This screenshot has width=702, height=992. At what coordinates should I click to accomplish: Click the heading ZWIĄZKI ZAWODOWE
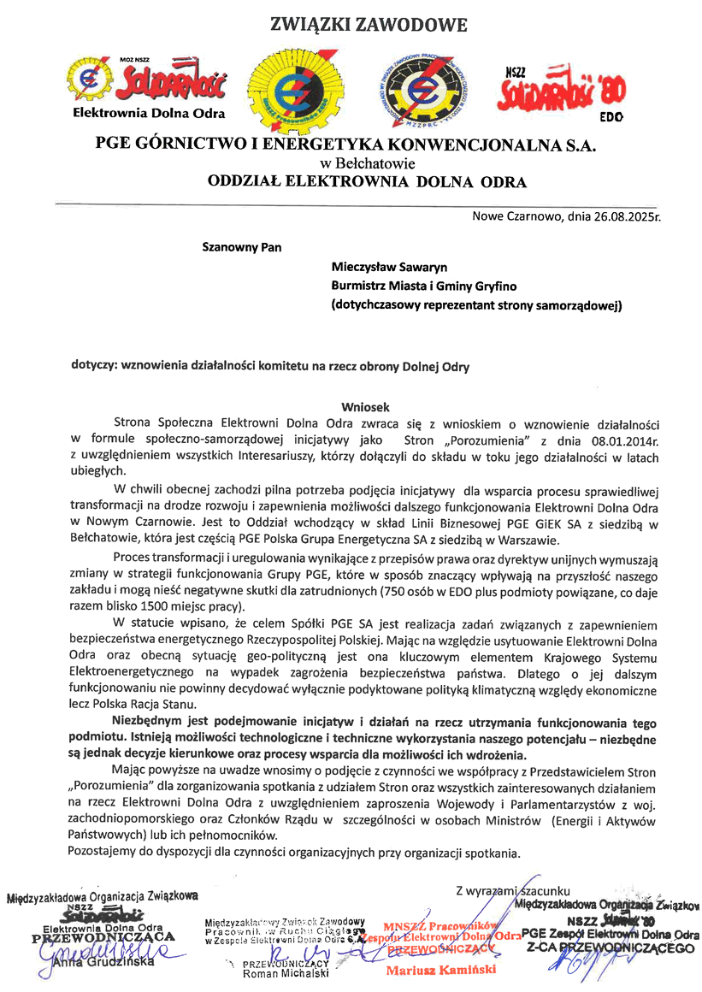coord(369,25)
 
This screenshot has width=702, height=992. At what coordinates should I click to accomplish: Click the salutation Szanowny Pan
coord(242,248)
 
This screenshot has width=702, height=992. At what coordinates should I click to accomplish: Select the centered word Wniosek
coord(366,407)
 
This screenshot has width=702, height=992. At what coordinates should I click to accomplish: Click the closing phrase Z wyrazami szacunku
coord(513,891)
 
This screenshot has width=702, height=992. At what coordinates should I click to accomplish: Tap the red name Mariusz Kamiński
coord(440,970)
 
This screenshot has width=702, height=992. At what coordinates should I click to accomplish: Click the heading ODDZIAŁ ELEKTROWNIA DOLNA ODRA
coord(368,181)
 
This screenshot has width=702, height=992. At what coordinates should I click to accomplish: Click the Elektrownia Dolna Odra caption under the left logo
coord(149,113)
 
